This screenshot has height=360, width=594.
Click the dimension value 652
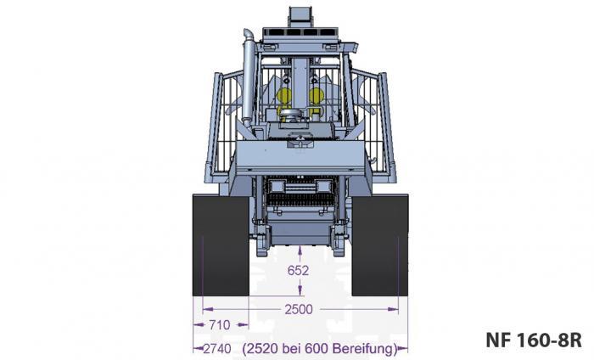click(x=298, y=271)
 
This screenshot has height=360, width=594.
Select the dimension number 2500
click(x=298, y=309)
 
